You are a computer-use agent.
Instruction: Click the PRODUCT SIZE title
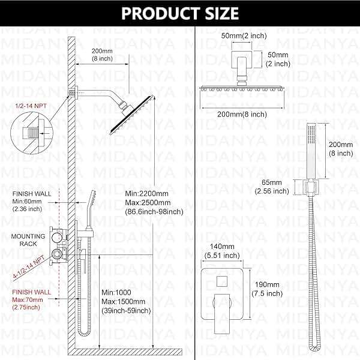(179, 13)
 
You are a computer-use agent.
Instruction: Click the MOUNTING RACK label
(28, 240)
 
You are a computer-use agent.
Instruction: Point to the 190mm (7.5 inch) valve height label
(266, 289)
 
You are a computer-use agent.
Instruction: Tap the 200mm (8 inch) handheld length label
(341, 148)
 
